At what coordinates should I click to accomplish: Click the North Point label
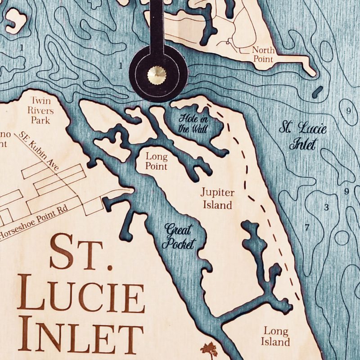[263, 55]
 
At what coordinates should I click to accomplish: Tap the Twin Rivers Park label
[43, 110]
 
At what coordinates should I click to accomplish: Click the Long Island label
[276, 337]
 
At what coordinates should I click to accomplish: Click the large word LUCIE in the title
[84, 297]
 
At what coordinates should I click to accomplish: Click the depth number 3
[327, 207]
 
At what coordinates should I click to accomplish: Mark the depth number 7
[307, 228]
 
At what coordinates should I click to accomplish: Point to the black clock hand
[156, 27]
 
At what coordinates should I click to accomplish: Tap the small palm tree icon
[209, 349]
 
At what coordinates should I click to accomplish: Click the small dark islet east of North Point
[317, 91]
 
